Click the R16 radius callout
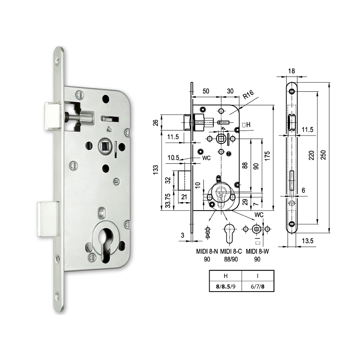(x=248, y=96)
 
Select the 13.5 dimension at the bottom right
(x=307, y=241)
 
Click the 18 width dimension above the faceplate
(x=292, y=71)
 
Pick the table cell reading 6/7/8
(x=257, y=286)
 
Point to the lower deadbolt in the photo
(x=48, y=219)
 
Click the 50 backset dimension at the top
(x=206, y=91)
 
